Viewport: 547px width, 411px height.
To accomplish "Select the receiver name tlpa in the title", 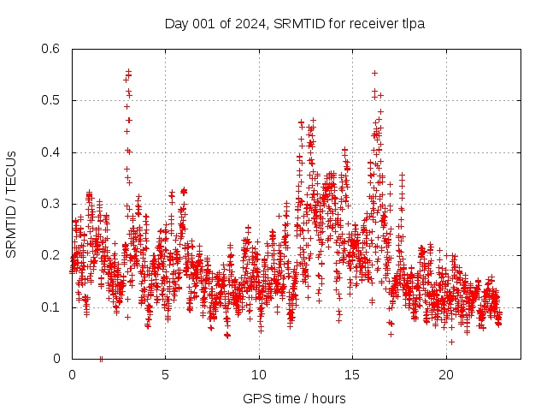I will tap(412, 24).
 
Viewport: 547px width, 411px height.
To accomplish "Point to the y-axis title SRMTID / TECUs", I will tap(11, 205).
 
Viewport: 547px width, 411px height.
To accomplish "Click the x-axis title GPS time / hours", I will tap(294, 398).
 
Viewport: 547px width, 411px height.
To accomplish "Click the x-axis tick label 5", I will tap(165, 375).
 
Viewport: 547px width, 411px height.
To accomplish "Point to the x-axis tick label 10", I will tap(259, 375).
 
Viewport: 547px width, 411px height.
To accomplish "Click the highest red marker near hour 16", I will tap(374, 73).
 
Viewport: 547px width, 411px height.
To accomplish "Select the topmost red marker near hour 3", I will tap(128, 72).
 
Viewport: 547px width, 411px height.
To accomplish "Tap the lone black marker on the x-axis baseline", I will tap(101, 358).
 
